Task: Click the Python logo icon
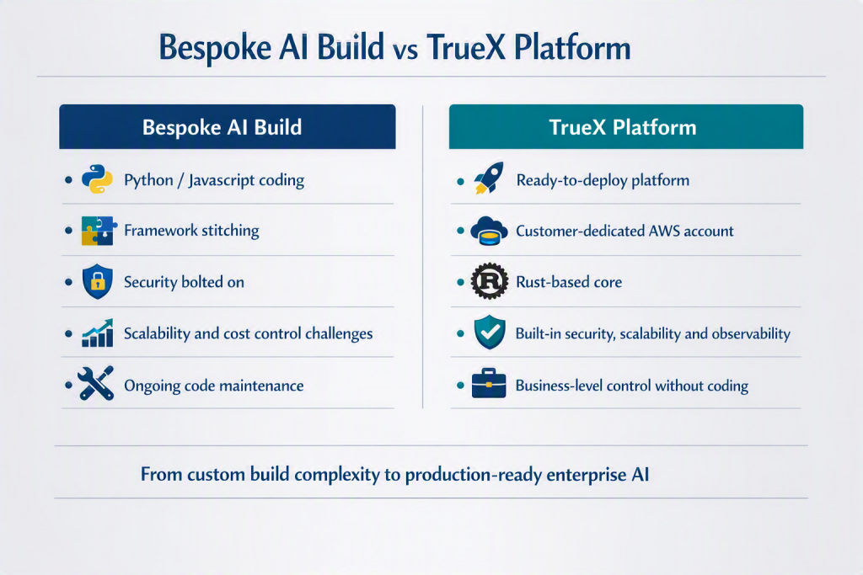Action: tap(98, 179)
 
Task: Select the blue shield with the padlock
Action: tap(98, 281)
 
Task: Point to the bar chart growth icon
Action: tap(98, 333)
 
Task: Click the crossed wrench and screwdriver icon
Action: tap(96, 383)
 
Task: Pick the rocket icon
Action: tap(489, 178)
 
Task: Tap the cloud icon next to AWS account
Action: tap(489, 231)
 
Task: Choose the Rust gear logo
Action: tap(490, 281)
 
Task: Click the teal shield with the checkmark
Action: tap(490, 333)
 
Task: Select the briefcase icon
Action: tap(489, 383)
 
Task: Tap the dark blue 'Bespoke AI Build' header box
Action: tap(228, 126)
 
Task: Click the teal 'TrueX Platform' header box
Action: tap(626, 126)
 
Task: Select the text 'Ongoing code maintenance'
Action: tap(213, 386)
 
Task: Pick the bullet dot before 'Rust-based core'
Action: tap(461, 282)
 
